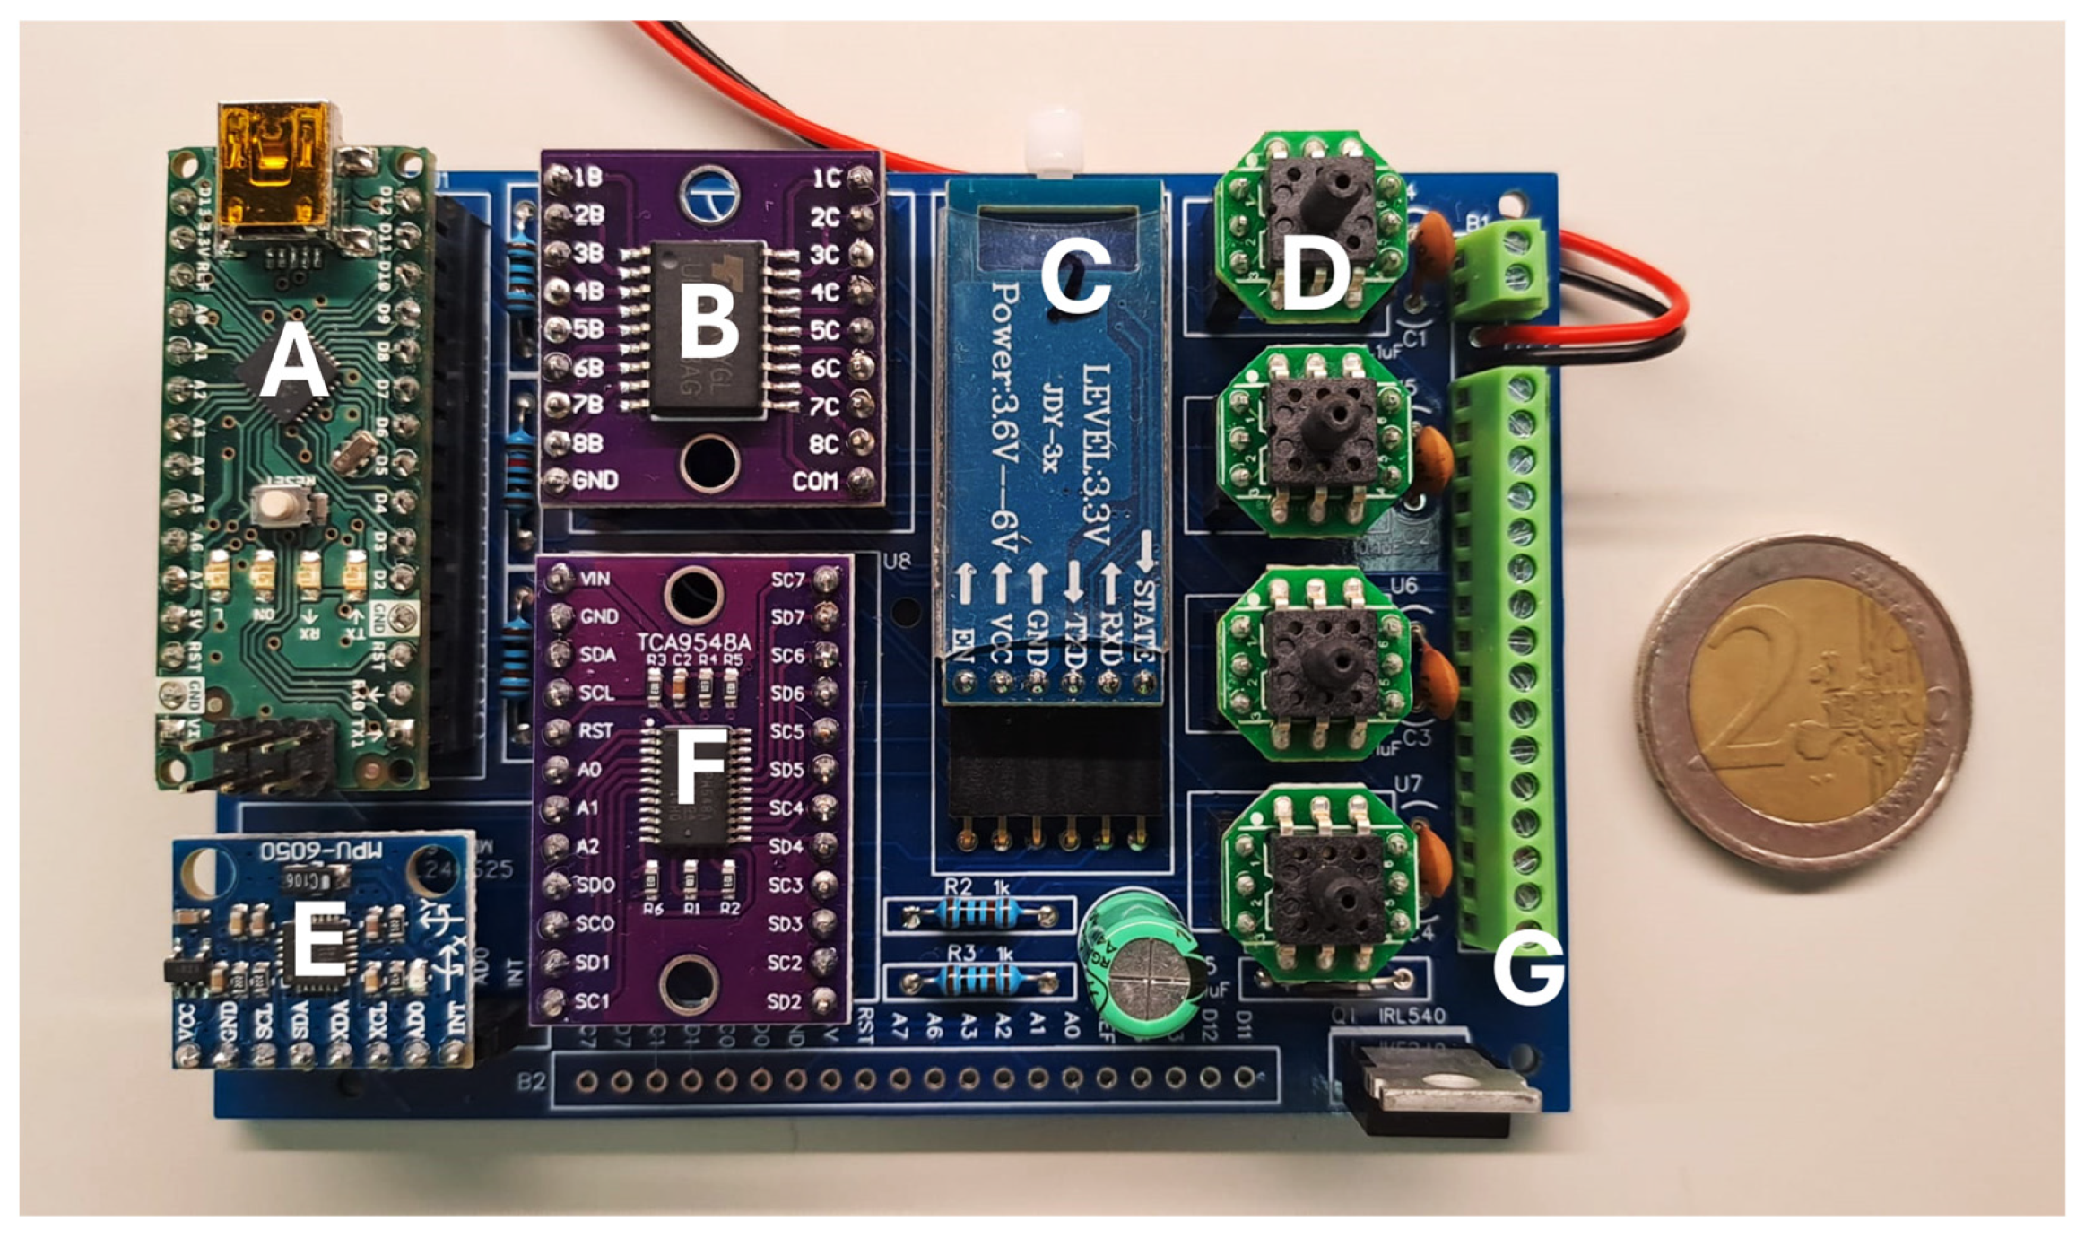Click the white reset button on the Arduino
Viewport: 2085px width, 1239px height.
coord(277,505)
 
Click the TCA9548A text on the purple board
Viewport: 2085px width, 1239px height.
coord(693,641)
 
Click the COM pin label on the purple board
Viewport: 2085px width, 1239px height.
coord(814,482)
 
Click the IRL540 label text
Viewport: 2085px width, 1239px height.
coord(1412,1016)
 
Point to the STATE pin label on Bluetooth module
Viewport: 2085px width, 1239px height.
coord(1145,619)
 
